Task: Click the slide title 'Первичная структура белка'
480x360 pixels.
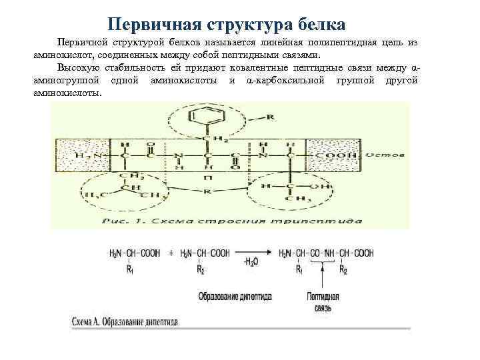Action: pos(227,24)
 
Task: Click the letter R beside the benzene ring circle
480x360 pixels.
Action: pos(269,117)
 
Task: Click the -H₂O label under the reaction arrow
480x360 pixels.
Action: pos(252,263)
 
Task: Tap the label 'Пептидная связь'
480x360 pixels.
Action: pos(322,302)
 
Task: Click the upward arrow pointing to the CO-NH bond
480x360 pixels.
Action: pos(322,277)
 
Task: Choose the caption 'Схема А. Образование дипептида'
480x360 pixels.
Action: pos(125,321)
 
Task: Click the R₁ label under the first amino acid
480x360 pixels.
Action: pos(131,271)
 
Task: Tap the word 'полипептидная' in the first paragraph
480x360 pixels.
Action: pos(346,42)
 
